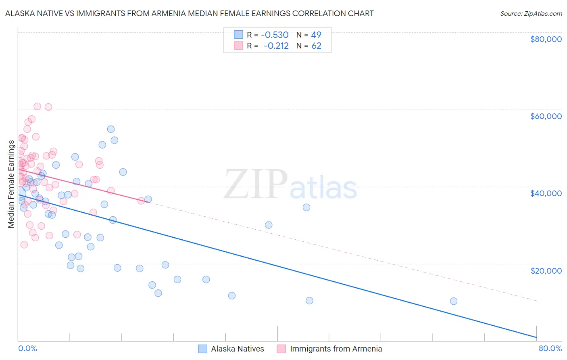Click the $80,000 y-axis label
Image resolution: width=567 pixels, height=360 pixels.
(x=546, y=39)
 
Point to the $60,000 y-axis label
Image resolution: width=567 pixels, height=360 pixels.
(x=546, y=116)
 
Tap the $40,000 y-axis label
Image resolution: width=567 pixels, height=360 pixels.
(x=546, y=193)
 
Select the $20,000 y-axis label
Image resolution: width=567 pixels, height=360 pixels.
(x=546, y=270)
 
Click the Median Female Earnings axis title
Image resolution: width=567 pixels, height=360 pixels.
(x=11, y=184)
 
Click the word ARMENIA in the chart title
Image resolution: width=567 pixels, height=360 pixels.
(x=165, y=13)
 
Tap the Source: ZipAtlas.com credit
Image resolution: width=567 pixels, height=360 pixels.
(x=531, y=13)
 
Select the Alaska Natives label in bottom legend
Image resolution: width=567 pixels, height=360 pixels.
(x=237, y=349)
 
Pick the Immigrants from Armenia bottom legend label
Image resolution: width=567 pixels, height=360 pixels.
(x=336, y=349)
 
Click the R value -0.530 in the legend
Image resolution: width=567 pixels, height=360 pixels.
(x=275, y=35)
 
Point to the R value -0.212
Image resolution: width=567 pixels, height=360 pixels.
(x=276, y=46)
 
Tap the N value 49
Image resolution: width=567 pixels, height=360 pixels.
(x=316, y=35)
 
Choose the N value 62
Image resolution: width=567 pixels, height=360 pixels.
(x=316, y=46)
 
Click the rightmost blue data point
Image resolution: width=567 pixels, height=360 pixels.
(x=454, y=301)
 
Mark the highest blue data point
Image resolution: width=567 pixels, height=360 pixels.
(x=111, y=129)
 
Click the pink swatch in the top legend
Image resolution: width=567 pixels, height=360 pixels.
(x=238, y=46)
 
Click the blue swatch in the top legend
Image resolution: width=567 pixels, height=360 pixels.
(x=238, y=35)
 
